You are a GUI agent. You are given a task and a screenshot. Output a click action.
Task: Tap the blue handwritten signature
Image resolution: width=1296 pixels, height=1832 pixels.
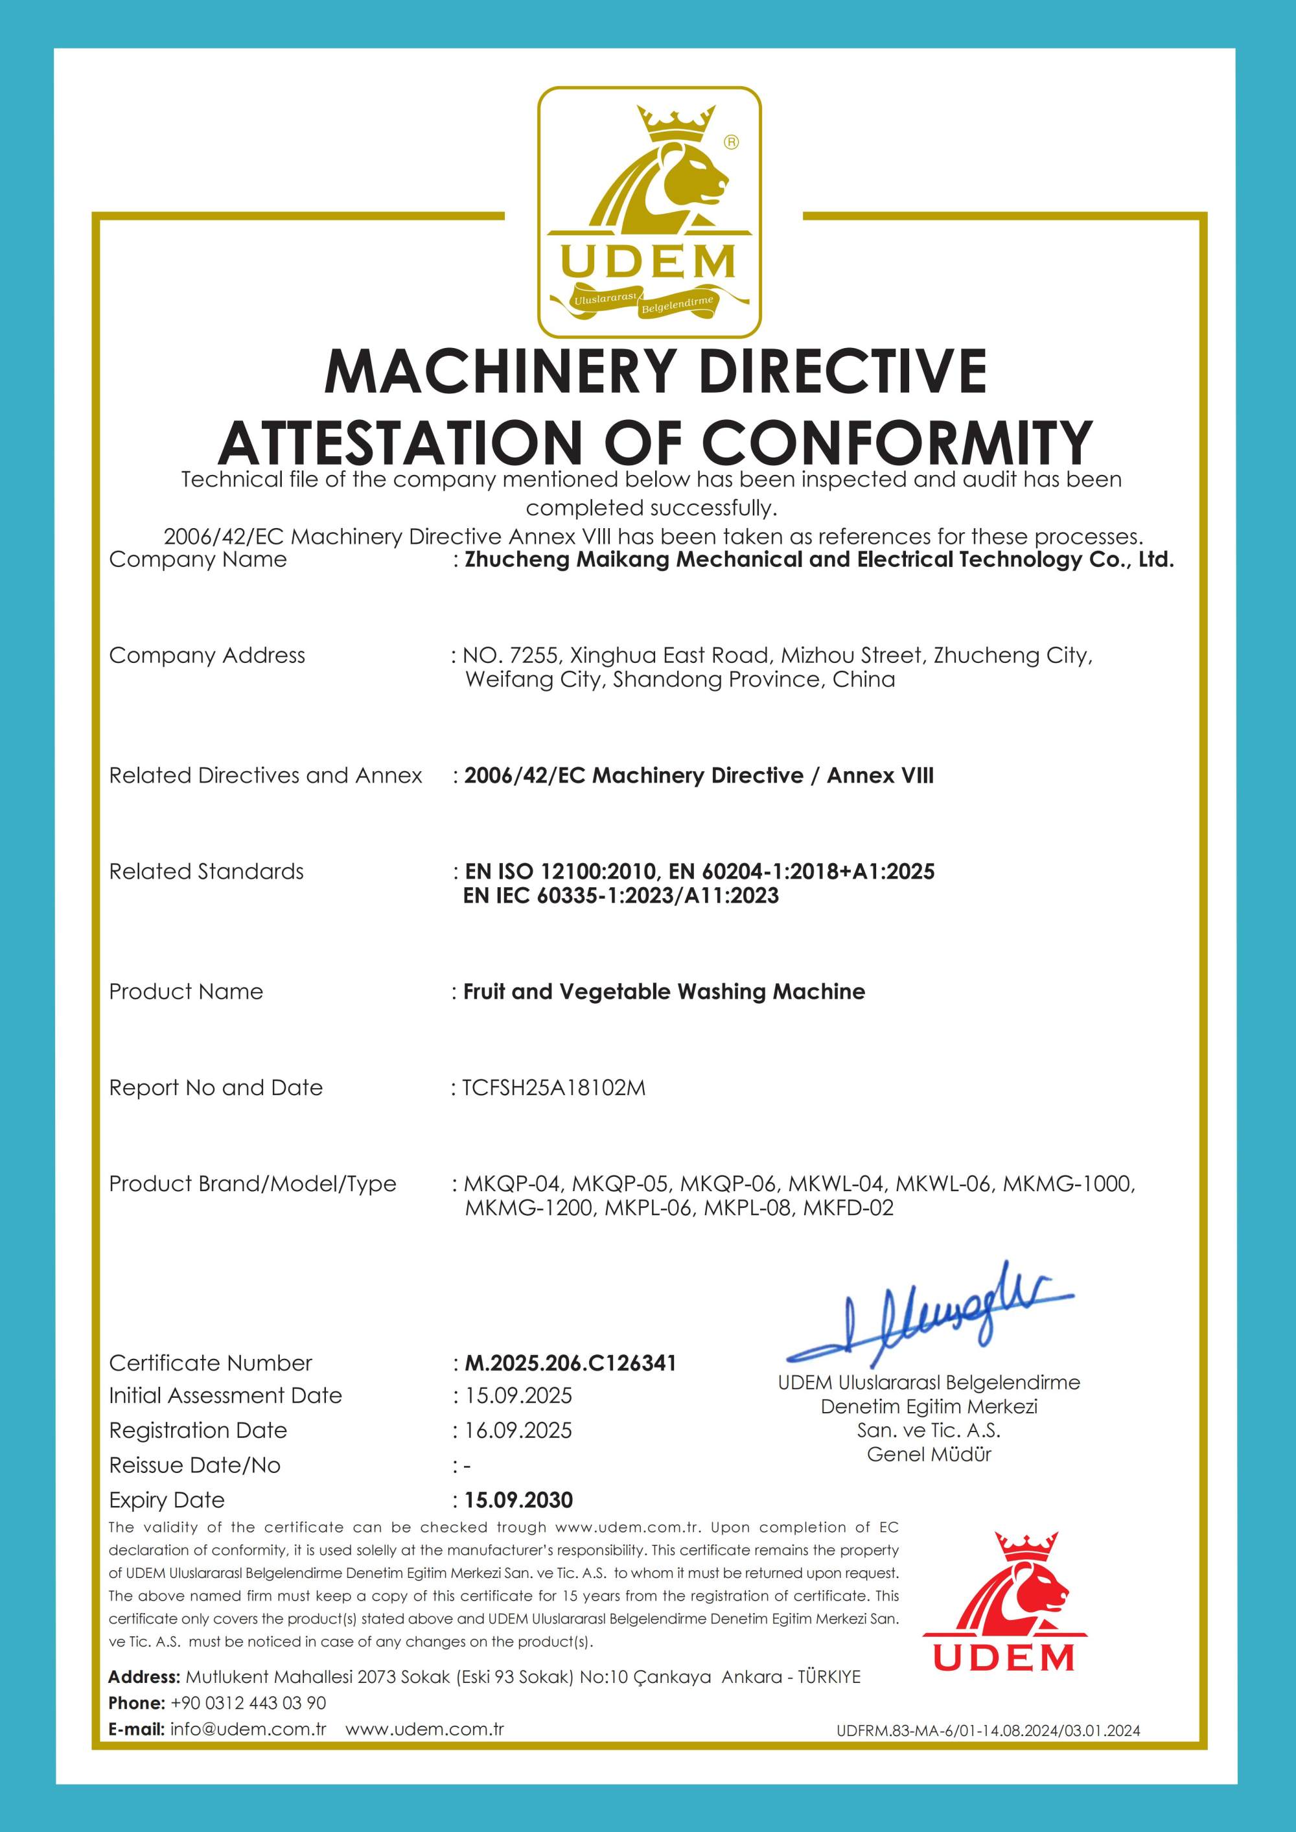click(x=930, y=1317)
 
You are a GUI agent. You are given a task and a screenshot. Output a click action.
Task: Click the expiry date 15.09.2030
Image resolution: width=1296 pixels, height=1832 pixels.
click(x=518, y=1500)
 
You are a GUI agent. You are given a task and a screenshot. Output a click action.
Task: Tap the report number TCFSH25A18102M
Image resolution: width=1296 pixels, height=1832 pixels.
click(x=554, y=1087)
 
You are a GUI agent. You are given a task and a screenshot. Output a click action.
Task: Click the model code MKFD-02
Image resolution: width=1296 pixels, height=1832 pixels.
click(x=848, y=1208)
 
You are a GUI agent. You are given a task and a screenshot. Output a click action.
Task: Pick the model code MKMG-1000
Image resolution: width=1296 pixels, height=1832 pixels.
click(x=1068, y=1184)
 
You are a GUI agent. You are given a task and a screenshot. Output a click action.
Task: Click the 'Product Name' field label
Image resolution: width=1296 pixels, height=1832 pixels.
click(x=186, y=991)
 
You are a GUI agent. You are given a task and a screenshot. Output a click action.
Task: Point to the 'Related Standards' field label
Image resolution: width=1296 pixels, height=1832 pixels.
click(x=206, y=872)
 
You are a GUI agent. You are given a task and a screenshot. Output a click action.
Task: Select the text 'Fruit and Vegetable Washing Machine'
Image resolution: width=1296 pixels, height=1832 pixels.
click(x=664, y=991)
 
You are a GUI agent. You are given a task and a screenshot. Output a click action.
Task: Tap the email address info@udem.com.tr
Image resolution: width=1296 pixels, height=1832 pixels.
click(x=248, y=1729)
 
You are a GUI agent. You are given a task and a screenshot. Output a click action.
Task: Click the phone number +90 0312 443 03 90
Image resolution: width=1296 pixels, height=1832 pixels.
click(x=248, y=1703)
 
